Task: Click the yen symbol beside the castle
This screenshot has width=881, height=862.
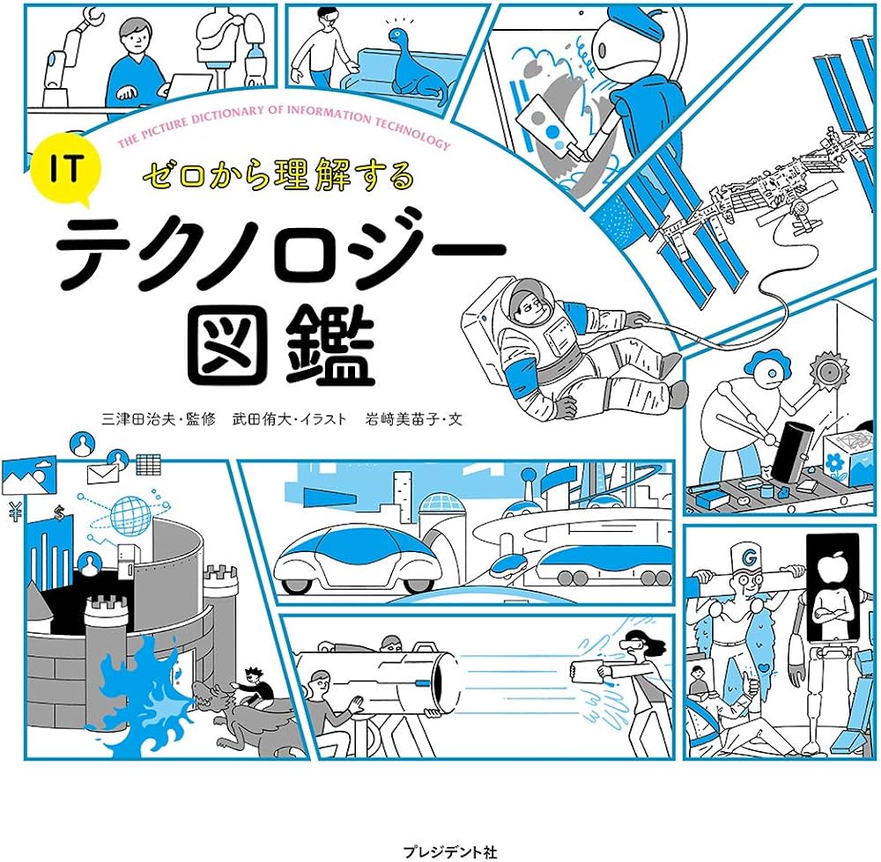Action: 14,508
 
